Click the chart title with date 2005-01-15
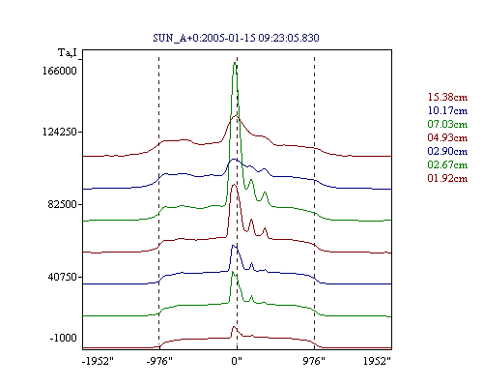click(x=236, y=38)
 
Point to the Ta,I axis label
click(x=68, y=52)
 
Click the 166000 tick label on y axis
click(x=60, y=71)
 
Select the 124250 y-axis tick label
click(x=60, y=132)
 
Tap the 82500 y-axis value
click(x=62, y=204)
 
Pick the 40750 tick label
click(x=62, y=277)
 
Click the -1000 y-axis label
click(x=63, y=338)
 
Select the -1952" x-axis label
click(x=98, y=361)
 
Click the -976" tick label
click(x=159, y=361)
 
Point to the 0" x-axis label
click(x=237, y=361)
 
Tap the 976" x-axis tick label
click(x=314, y=361)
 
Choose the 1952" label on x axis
click(x=377, y=361)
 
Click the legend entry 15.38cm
click(x=447, y=97)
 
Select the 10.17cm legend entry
click(x=447, y=110)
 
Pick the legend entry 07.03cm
click(x=447, y=124)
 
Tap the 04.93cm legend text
click(x=447, y=137)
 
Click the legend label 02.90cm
click(x=447, y=151)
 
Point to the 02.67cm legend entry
click(x=447, y=164)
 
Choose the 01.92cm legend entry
click(x=447, y=178)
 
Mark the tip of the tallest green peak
click(x=235, y=62)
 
